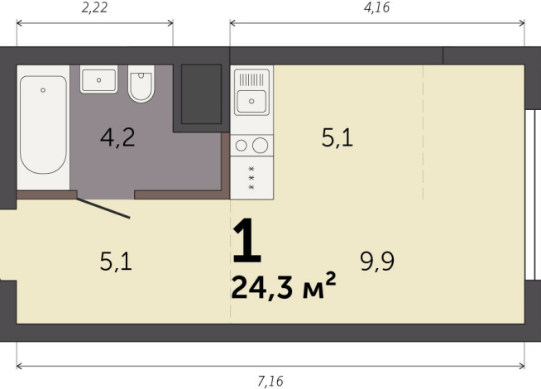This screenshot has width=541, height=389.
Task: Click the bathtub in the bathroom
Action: [x=43, y=125]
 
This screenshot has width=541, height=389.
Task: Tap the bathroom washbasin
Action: [x=99, y=80]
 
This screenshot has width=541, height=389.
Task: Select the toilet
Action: [x=141, y=84]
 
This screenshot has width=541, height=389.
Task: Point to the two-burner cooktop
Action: [x=251, y=146]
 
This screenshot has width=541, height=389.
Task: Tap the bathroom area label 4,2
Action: [x=117, y=137]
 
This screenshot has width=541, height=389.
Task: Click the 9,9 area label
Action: [x=376, y=262]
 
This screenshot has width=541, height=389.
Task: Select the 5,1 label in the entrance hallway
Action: [x=116, y=262]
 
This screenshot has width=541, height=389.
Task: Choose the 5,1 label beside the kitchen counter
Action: [x=337, y=137]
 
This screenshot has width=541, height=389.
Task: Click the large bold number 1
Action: [x=247, y=243]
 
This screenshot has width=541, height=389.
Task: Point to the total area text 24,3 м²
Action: [x=283, y=287]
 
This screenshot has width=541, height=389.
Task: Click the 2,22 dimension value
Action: [x=95, y=8]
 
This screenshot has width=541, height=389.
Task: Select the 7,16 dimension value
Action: [x=270, y=380]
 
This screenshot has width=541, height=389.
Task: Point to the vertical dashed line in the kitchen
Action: [x=423, y=132]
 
